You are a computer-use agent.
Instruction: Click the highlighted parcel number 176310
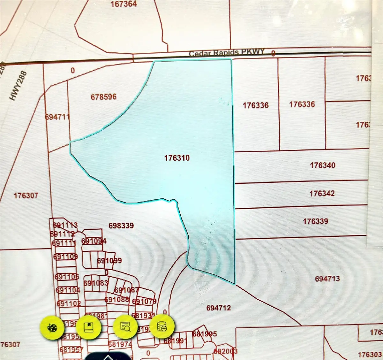[177, 158]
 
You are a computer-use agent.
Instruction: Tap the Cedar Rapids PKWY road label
[227, 53]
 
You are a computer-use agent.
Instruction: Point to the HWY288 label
[18, 86]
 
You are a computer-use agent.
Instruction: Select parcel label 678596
[103, 96]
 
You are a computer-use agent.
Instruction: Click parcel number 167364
[124, 4]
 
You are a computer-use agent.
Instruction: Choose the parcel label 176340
[322, 165]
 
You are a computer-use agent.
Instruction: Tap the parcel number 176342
[322, 193]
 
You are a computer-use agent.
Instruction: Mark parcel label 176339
[315, 221]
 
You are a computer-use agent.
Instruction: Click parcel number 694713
[327, 279]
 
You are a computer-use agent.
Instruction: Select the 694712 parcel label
[218, 308]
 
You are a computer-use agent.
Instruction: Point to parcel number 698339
[121, 226]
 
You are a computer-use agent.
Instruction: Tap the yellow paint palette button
[52, 327]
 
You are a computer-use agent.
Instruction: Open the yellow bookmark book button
[89, 327]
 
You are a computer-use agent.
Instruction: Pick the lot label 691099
[109, 261]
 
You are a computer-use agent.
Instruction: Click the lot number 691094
[94, 241]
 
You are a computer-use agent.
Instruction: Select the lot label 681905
[204, 334]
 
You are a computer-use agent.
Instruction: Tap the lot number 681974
[120, 344]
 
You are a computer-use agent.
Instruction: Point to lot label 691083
[96, 283]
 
